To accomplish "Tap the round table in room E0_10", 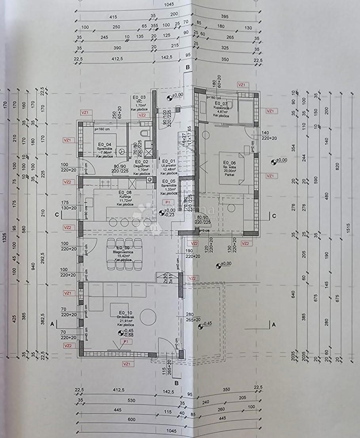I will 149,316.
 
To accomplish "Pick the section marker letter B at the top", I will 188,68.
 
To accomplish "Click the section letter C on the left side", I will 57,215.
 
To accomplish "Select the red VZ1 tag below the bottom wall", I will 126,363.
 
